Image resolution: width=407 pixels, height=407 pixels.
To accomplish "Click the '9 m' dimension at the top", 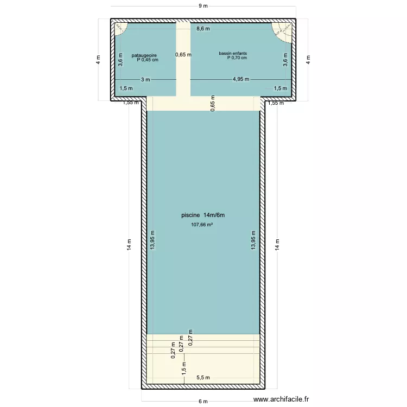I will coord(203,5).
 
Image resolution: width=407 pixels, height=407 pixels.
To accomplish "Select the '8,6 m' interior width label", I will coord(203,28).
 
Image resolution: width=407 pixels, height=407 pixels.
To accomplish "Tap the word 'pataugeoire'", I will coord(144,55).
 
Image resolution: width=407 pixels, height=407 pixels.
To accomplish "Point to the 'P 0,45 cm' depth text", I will coord(148,60).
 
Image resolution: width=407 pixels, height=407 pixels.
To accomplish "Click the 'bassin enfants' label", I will coord(233,53).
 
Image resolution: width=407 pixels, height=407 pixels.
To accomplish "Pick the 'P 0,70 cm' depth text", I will coord(237,58).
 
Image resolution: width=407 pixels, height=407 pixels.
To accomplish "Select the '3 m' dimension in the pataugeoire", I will coord(145,79).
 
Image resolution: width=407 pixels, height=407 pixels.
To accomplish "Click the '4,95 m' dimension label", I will coord(240,79).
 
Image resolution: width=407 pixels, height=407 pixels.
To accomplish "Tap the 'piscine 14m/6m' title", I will coord(203,215).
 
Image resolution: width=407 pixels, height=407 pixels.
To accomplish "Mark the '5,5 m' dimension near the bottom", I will coord(203,377).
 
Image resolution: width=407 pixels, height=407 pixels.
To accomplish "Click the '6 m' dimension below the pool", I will coord(203,402).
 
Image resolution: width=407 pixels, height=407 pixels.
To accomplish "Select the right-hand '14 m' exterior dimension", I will coord(277,244).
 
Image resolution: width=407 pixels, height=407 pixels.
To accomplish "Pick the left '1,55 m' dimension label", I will coord(130,102).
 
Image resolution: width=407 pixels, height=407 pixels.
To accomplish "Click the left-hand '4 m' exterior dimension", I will coord(98,60).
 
